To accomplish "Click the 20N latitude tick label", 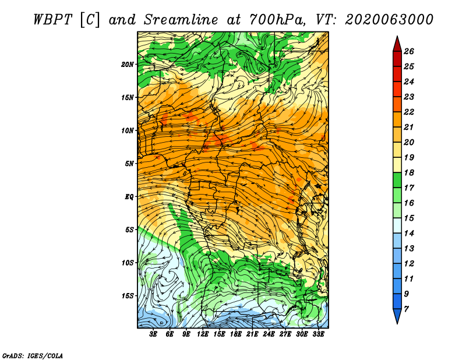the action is click(x=128, y=65).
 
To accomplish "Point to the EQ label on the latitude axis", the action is click(x=129, y=197).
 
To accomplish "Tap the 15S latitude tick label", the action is click(x=128, y=296).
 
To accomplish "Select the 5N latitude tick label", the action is click(x=129, y=164).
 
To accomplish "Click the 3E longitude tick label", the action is click(x=153, y=334).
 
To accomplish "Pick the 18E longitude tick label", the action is click(x=236, y=334).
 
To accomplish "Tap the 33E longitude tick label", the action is click(x=318, y=334).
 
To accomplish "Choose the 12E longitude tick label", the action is click(x=203, y=334).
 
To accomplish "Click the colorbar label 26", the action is click(x=409, y=51).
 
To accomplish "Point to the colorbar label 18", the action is click(x=409, y=172).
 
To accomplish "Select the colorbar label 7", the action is click(x=406, y=309).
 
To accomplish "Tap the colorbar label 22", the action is click(x=409, y=112).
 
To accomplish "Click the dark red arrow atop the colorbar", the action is click(x=397, y=44).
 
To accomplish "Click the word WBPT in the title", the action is click(x=52, y=20).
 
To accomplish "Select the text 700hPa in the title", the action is click(x=276, y=20).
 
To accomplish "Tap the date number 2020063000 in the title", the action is click(x=389, y=20).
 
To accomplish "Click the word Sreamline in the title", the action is click(x=181, y=20).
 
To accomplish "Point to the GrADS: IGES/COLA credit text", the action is click(x=33, y=355).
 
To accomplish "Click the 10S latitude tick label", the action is click(x=128, y=263).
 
